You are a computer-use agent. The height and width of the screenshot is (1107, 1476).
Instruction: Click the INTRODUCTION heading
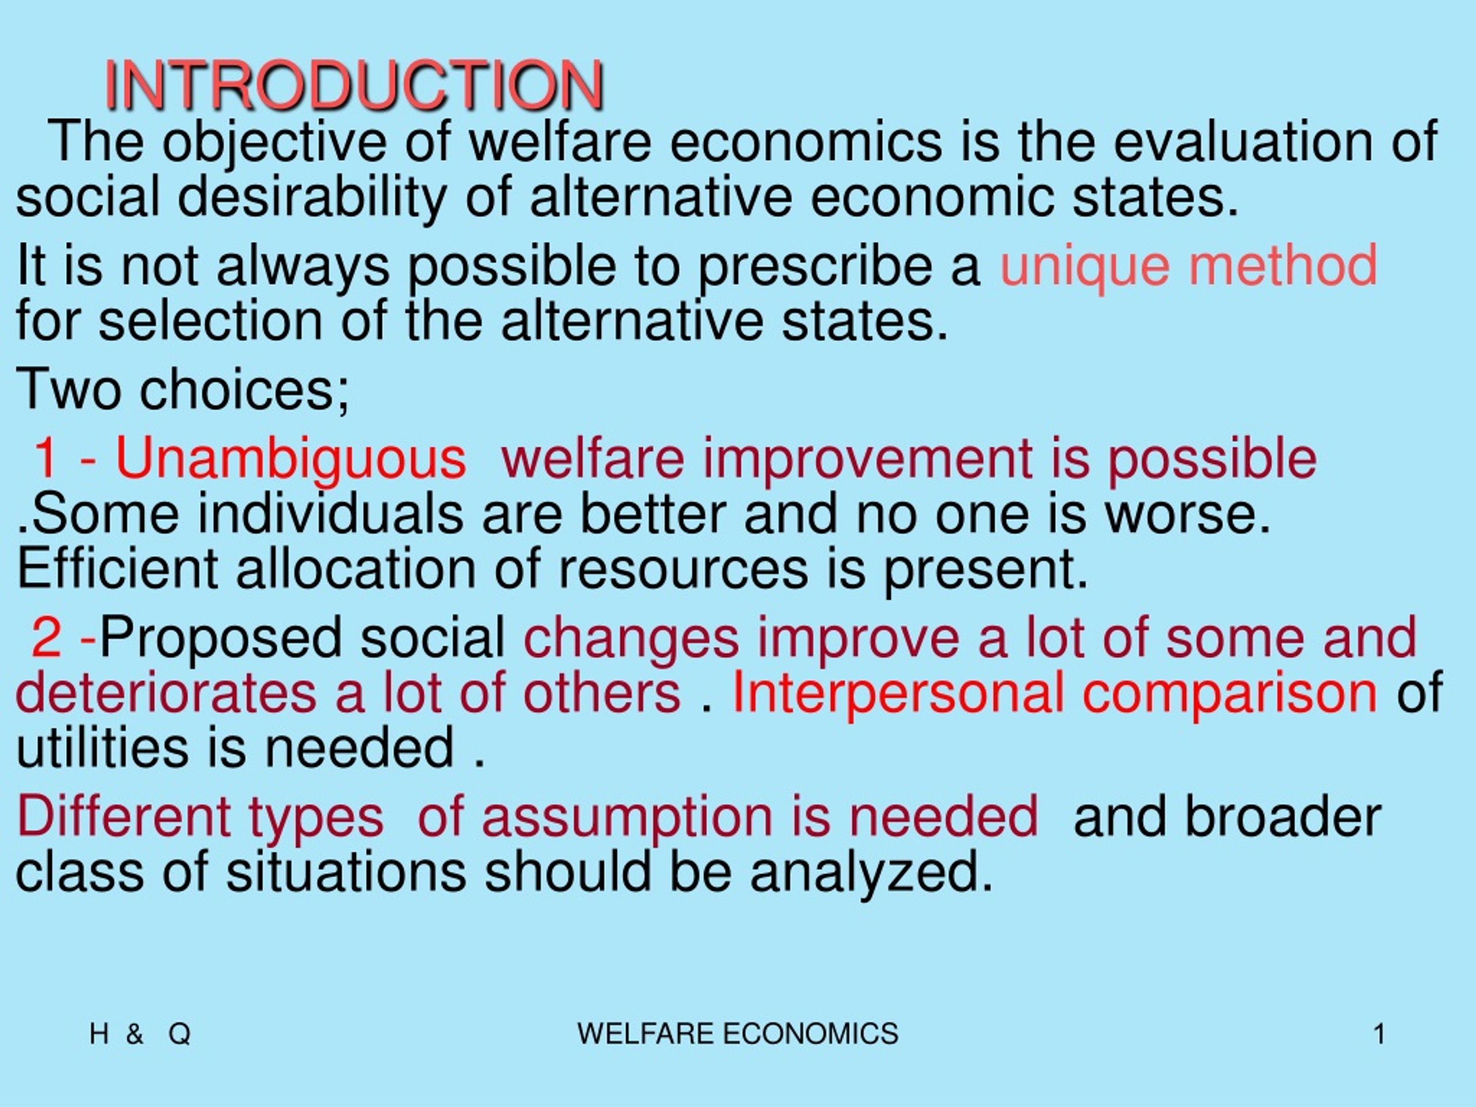[x=355, y=85]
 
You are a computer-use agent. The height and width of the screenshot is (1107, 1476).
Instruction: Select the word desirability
[x=311, y=198]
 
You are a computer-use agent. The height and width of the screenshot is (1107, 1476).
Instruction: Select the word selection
[x=211, y=321]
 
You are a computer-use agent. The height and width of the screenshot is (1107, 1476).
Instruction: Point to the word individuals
[x=330, y=514]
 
